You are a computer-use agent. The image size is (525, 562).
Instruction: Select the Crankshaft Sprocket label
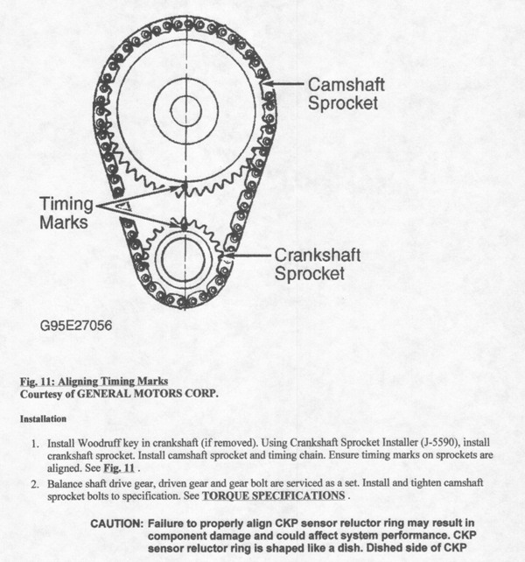click(x=315, y=264)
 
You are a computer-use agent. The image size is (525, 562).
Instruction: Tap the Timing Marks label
click(x=65, y=211)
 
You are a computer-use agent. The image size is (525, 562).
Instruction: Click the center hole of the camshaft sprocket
click(x=186, y=109)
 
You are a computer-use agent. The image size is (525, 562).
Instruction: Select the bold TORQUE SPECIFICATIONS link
click(x=273, y=495)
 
